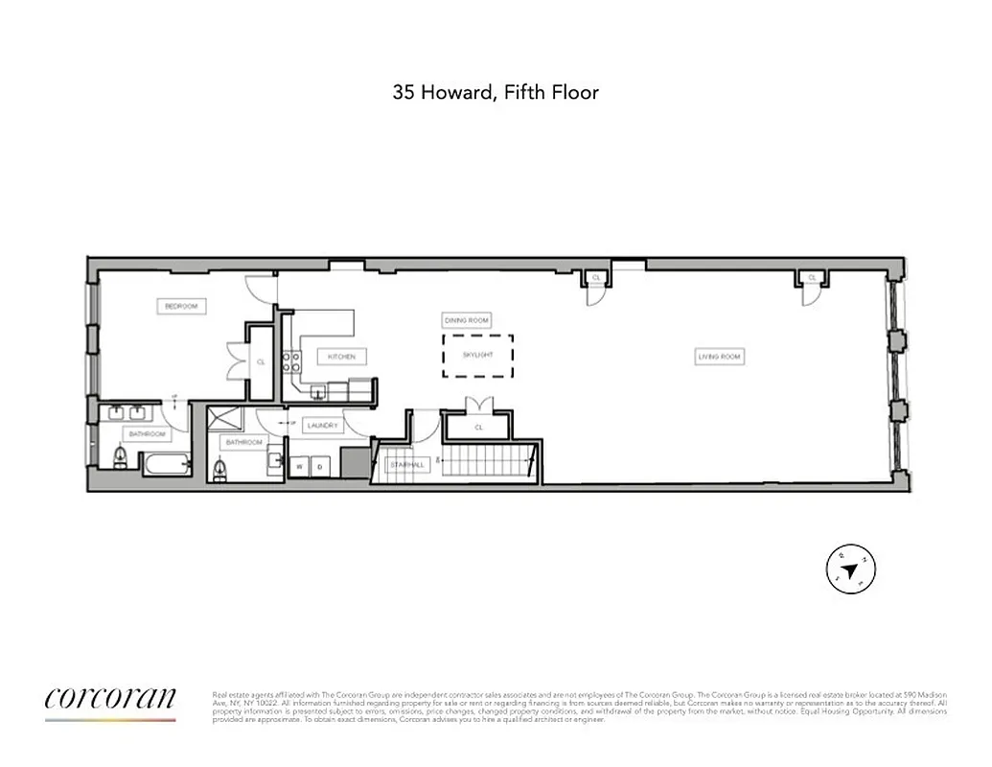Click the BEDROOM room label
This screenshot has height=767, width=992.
(x=180, y=306)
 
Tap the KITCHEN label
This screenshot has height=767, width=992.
(x=341, y=357)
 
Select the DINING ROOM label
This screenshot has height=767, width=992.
(x=467, y=319)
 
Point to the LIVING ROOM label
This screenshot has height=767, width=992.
(x=719, y=357)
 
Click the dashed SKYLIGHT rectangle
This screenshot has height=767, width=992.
(x=476, y=355)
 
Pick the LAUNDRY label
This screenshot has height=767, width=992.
(x=322, y=426)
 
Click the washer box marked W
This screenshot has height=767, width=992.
(x=300, y=465)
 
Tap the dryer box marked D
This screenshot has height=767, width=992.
(x=321, y=465)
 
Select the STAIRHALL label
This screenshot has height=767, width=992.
(x=405, y=465)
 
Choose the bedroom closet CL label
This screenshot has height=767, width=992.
(x=261, y=361)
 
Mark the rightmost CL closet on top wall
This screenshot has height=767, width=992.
(x=812, y=278)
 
